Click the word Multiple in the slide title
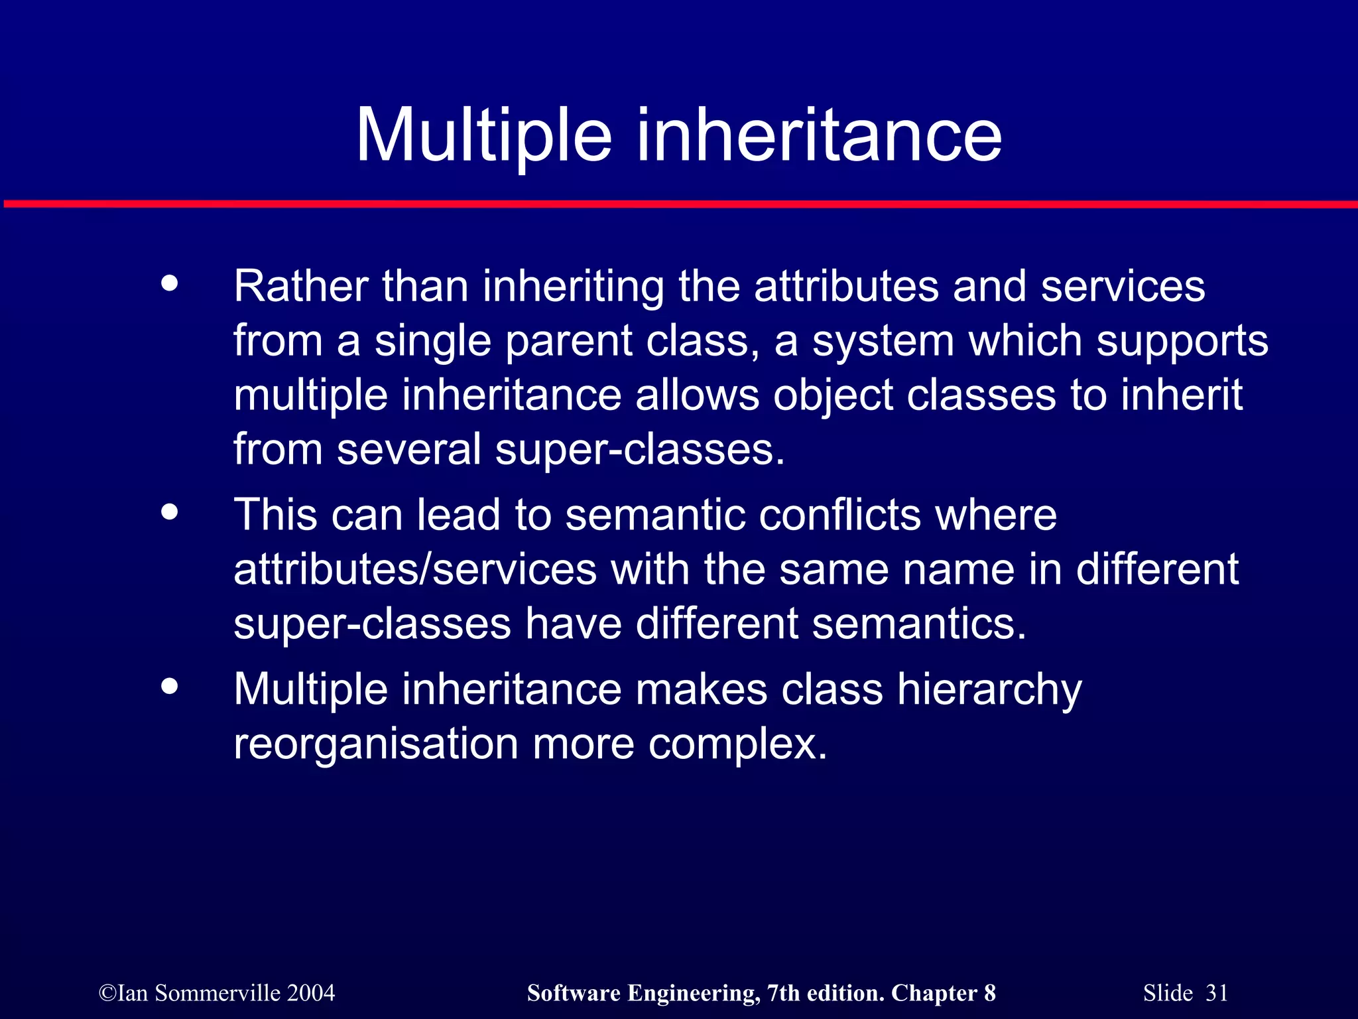click(x=483, y=136)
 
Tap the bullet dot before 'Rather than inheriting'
click(x=170, y=284)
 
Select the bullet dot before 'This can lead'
click(x=170, y=512)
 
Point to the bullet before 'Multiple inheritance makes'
click(x=170, y=686)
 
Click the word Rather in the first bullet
click(x=300, y=287)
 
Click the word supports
click(x=1182, y=342)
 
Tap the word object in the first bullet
click(x=833, y=396)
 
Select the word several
click(x=408, y=450)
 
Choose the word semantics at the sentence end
click(x=918, y=624)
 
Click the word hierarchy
click(x=989, y=690)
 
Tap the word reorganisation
click(x=376, y=744)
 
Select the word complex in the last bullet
click(x=737, y=744)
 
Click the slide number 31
click(x=1216, y=993)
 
